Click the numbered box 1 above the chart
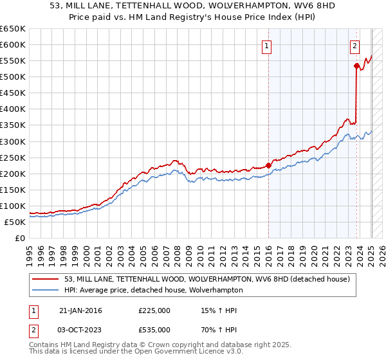coord(266,46)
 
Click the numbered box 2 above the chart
coord(354,46)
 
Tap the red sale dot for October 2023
coord(356,66)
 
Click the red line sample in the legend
coord(46,279)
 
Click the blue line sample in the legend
coord(46,290)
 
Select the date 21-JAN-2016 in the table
coord(80,310)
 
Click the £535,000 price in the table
coord(154,328)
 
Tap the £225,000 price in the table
coord(154,310)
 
